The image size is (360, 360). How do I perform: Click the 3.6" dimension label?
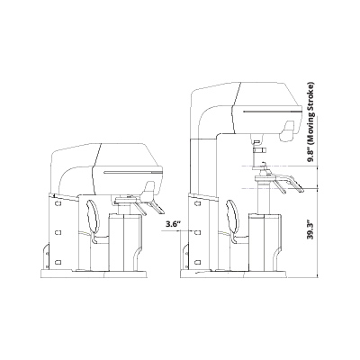pyautogui.click(x=174, y=224)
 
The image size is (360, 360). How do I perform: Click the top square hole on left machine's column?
pyautogui.click(x=58, y=203)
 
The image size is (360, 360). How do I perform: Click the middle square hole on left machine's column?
pyautogui.click(x=58, y=232)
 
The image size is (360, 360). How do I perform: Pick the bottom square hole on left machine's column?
pyautogui.click(x=58, y=262)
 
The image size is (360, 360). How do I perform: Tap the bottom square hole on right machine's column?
pyautogui.click(x=197, y=262)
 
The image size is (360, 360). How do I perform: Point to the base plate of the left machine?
pyautogui.click(x=94, y=274)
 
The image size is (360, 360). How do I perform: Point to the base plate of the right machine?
pyautogui.click(x=233, y=274)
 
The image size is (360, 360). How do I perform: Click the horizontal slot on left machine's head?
pyautogui.click(x=133, y=173)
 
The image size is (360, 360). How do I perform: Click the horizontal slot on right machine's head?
pyautogui.click(x=273, y=112)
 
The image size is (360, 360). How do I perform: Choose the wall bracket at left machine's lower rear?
pyautogui.click(x=47, y=256)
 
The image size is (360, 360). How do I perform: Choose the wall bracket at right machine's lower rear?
pyautogui.click(x=186, y=256)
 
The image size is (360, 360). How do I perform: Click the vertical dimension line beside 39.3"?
pyautogui.click(x=318, y=233)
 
